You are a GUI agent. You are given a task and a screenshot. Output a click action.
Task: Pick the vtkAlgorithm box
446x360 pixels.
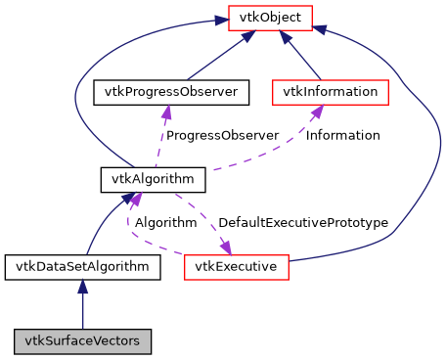(152, 179)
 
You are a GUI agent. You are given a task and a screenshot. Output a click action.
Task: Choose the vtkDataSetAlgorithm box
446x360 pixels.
(82, 266)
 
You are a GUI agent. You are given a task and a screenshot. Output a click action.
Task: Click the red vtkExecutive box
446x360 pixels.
(235, 266)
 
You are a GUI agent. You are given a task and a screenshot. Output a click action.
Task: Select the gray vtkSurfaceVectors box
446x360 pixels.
(82, 341)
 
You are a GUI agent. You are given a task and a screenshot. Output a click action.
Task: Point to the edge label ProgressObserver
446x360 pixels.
(221, 135)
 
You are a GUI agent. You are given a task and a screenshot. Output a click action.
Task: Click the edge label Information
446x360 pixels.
(342, 135)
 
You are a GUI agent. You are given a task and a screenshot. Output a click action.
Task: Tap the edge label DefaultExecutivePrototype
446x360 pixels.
(303, 223)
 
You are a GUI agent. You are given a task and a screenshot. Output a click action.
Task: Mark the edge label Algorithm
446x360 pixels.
(165, 223)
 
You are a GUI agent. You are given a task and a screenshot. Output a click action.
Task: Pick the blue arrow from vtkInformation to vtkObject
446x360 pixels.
(302, 57)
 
